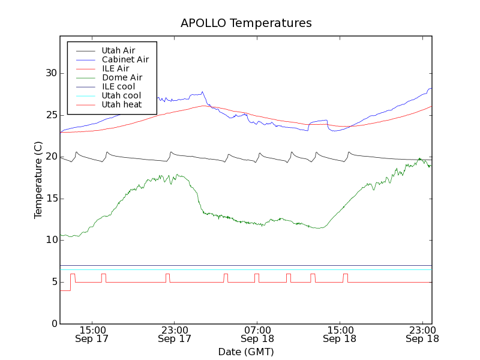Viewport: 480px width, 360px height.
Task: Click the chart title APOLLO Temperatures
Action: (246, 23)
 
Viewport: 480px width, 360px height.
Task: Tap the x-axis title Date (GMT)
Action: (246, 351)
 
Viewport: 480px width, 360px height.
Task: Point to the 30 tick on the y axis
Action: (51, 73)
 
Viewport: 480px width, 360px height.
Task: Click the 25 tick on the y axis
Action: (51, 115)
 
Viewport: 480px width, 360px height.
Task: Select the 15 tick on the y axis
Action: (51, 199)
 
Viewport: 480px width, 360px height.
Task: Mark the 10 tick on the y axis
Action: (51, 240)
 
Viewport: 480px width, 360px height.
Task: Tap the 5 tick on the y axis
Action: (53, 282)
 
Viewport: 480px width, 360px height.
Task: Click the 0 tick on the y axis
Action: (53, 324)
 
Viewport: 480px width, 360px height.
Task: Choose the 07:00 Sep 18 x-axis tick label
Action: (257, 334)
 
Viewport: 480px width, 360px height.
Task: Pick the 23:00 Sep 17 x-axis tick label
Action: (174, 334)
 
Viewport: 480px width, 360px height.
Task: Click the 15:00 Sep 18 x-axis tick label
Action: (340, 334)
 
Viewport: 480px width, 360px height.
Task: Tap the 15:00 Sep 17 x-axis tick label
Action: (92, 334)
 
